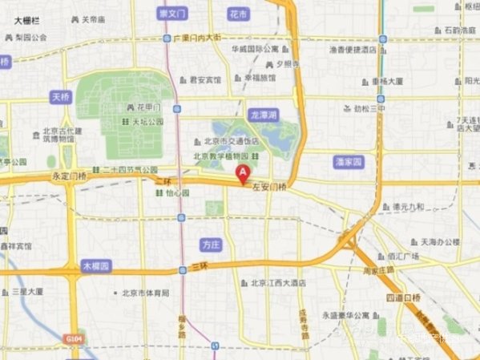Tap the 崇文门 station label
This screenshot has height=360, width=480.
click(172, 14)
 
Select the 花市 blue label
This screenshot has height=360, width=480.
click(238, 14)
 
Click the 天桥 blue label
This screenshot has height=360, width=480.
click(61, 97)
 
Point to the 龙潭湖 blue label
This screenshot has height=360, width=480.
click(263, 115)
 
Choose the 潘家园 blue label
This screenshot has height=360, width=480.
click(349, 161)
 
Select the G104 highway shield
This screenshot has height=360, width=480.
click(74, 340)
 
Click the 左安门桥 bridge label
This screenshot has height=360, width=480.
click(271, 187)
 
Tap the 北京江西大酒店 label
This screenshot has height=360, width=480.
click(278, 283)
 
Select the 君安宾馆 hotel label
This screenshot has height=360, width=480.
click(204, 79)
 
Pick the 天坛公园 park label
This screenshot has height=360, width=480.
click(147, 122)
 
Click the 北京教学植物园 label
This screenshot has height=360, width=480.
click(223, 156)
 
